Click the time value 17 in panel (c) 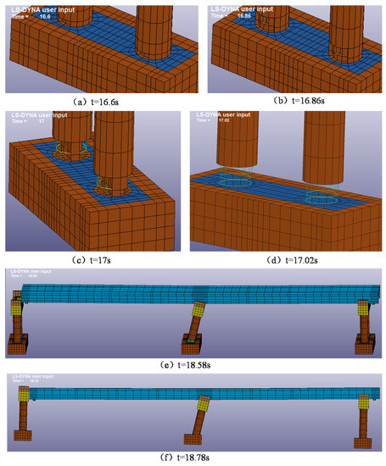click(x=42, y=120)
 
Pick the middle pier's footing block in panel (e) click(x=189, y=345)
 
